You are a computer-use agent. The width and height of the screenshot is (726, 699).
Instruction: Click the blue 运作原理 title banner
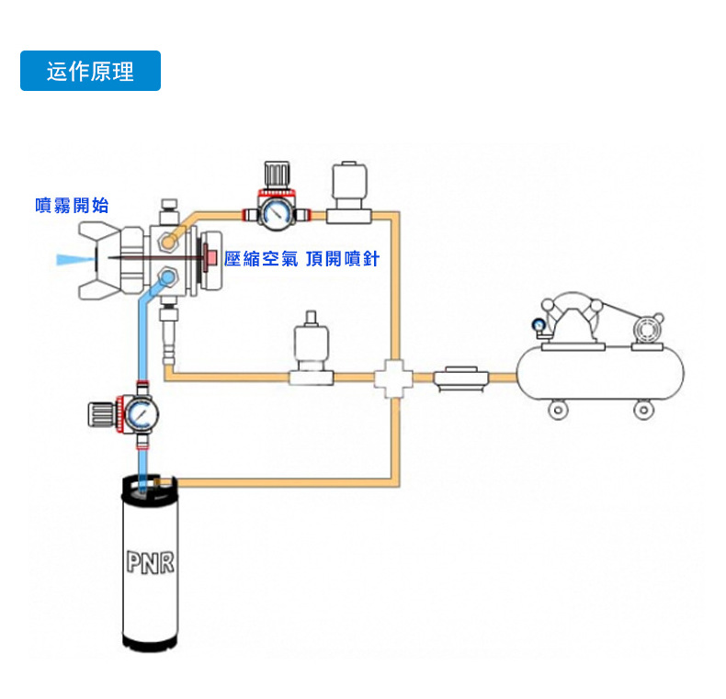[90, 71]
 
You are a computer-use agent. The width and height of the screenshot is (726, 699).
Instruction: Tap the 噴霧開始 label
[72, 205]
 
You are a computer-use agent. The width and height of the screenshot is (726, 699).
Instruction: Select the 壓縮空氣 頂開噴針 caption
[301, 259]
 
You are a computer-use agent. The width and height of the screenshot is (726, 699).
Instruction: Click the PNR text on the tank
[151, 562]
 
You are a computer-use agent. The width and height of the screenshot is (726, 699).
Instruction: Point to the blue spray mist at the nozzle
[73, 259]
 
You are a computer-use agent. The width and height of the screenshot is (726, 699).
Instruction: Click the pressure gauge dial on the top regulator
[276, 213]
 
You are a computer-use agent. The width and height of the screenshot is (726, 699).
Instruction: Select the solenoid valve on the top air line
[349, 192]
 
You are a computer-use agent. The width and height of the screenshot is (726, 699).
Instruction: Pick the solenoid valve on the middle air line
[312, 348]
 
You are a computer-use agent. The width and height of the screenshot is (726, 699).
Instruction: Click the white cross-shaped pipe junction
[393, 378]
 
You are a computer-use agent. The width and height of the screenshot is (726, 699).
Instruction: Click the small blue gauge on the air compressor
[538, 325]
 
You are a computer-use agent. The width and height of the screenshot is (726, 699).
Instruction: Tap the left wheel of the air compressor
[558, 411]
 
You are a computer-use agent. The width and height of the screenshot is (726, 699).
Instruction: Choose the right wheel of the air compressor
[643, 411]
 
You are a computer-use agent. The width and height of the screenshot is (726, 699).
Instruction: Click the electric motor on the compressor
[648, 330]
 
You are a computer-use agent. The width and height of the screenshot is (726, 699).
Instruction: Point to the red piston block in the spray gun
[210, 257]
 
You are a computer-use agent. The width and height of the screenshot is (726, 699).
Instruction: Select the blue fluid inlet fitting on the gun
[166, 277]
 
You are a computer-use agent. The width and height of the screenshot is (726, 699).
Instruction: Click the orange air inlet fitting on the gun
[167, 241]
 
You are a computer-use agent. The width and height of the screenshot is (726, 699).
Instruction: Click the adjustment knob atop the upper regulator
[277, 175]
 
